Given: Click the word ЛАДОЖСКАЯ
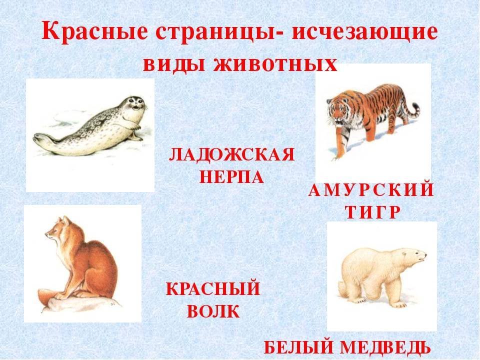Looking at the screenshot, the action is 231,154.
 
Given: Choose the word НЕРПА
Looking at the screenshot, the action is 231,176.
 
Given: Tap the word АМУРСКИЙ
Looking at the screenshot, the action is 371,190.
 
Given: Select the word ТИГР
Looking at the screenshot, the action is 372,212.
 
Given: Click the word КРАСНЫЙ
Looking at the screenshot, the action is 213,288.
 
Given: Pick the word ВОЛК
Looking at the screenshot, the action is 213,311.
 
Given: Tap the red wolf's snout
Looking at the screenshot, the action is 49,235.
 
